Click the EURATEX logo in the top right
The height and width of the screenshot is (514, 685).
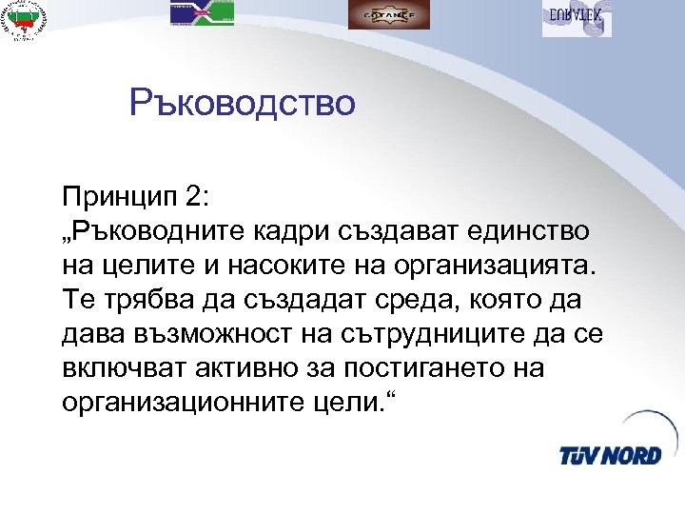(x=577, y=17)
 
